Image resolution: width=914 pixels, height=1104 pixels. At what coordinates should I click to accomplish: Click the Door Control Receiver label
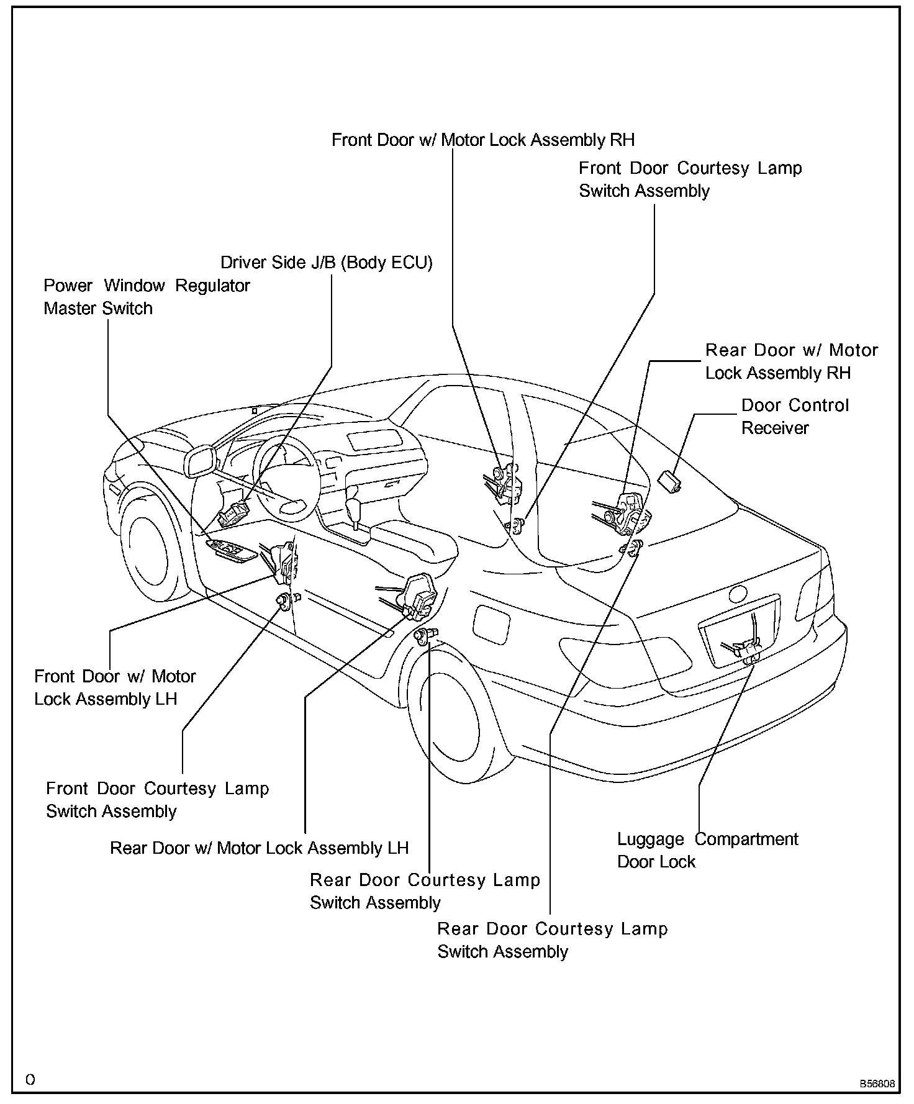point(794,417)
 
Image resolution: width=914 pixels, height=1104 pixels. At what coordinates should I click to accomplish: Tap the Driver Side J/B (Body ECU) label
point(327,262)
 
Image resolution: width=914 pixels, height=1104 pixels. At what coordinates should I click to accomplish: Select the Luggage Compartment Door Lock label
point(707,850)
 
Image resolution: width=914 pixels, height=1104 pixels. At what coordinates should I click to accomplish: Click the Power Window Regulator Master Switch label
point(147,297)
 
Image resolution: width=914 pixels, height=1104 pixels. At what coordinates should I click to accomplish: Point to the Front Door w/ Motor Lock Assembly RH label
point(483,140)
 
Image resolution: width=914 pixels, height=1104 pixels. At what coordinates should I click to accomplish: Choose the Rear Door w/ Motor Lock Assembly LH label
point(259,848)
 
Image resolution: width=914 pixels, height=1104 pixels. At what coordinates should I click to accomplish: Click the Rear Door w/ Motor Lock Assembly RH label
point(791,361)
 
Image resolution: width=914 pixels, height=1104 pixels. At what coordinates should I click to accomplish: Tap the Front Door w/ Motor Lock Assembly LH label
point(115,687)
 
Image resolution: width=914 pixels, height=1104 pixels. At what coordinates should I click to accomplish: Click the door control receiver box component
point(669,480)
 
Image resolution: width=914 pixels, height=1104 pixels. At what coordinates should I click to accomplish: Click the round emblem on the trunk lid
point(738,594)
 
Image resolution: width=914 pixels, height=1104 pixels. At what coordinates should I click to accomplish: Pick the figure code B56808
point(877,1084)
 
